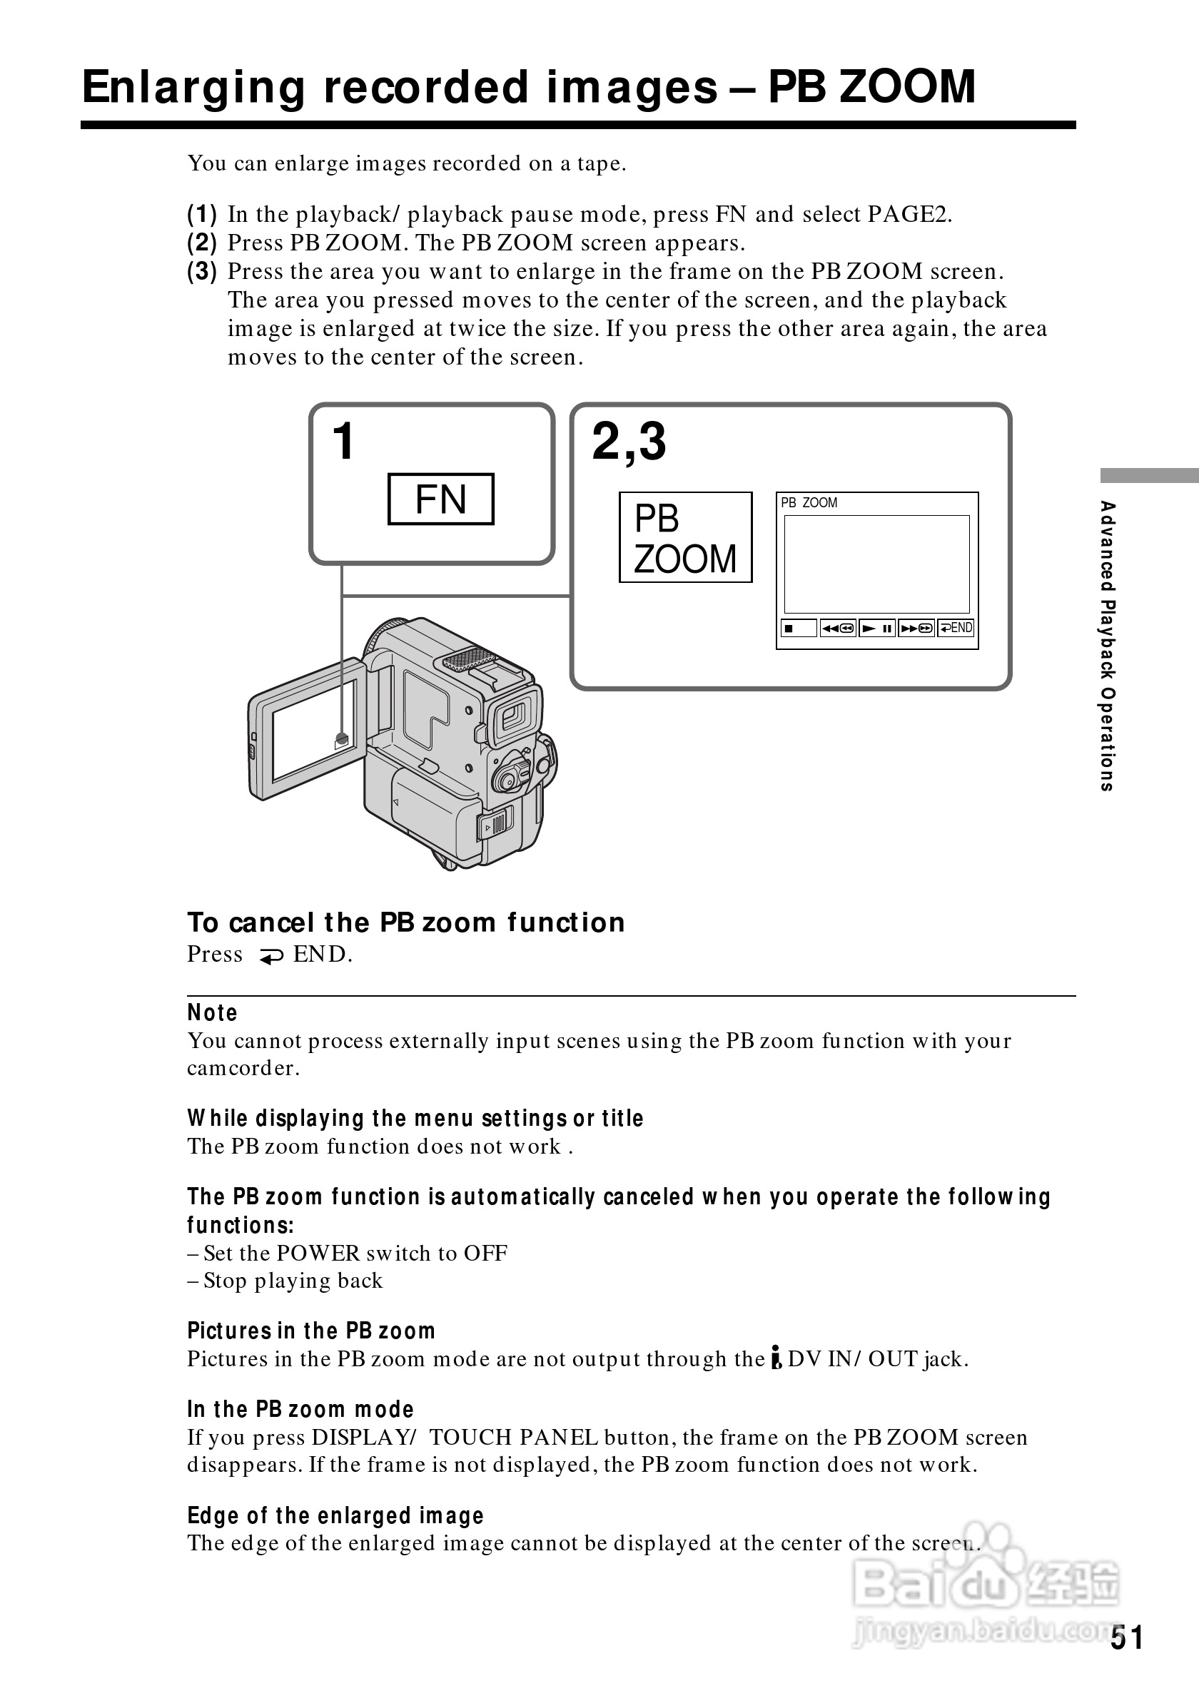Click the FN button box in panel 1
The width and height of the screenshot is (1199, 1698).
(x=441, y=499)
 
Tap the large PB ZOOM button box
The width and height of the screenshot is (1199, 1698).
(x=685, y=538)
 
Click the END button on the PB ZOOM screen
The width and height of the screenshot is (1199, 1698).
(x=956, y=628)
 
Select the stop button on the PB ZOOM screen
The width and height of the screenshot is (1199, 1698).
(x=798, y=628)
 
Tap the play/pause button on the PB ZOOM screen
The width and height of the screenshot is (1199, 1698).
(x=877, y=628)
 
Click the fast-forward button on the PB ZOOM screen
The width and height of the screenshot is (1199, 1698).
(x=916, y=628)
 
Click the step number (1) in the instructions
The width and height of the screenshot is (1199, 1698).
(x=202, y=215)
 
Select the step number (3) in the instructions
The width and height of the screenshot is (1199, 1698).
(x=202, y=271)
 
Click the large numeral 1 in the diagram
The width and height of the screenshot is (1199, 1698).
(x=343, y=442)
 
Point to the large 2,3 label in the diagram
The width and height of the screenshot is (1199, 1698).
(x=629, y=442)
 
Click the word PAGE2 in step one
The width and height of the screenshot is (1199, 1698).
(x=909, y=215)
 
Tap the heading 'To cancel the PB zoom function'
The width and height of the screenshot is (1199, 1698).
(x=406, y=922)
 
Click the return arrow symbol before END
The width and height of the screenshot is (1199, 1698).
(x=270, y=956)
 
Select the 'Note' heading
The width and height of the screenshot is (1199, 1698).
(x=212, y=1012)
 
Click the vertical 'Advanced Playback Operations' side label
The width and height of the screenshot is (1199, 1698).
(x=1107, y=646)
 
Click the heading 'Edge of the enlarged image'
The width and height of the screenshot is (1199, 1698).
(x=335, y=1515)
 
